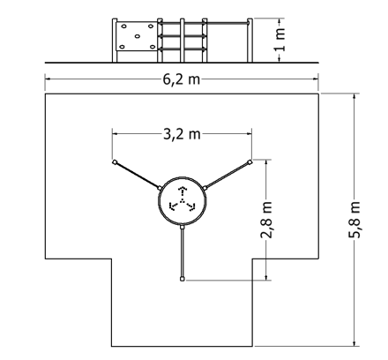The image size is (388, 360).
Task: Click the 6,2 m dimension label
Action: click(x=182, y=79)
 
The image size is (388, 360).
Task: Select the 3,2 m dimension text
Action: click(x=182, y=134)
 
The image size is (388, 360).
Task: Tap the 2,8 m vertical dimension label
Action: click(x=266, y=220)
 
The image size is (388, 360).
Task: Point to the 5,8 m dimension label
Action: click(x=354, y=220)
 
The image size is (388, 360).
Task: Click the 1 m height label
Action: click(x=280, y=40)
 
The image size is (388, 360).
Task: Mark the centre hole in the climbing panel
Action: click(x=138, y=36)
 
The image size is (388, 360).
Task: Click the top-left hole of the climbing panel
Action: click(x=123, y=26)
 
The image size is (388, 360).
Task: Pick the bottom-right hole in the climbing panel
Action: click(x=153, y=47)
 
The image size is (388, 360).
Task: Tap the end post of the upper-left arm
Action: click(x=115, y=161)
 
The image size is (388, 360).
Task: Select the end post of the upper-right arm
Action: click(x=250, y=161)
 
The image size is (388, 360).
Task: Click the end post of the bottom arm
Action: click(x=183, y=279)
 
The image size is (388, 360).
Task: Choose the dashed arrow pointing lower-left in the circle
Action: click(x=175, y=206)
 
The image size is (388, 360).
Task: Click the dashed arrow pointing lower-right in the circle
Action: click(x=190, y=206)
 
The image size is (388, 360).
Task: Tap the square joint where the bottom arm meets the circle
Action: click(x=183, y=228)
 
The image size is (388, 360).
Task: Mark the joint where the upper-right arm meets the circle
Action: click(x=205, y=188)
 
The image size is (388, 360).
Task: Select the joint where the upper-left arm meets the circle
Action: click(x=160, y=188)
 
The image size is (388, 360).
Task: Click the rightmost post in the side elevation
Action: click(x=250, y=41)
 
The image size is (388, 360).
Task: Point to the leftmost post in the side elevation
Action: click(x=115, y=41)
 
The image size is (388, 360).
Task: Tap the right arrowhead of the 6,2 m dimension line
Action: click(x=316, y=79)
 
